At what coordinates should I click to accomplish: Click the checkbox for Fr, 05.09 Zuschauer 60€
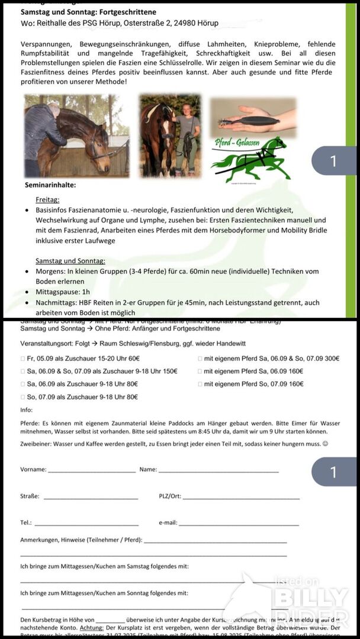22,359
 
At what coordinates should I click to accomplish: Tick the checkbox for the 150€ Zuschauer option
22,372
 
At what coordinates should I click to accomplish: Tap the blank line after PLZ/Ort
241,497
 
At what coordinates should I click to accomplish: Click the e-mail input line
239,524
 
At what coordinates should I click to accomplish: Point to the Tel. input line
86,524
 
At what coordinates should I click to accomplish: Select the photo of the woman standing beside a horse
170,136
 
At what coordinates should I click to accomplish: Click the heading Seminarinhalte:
50,185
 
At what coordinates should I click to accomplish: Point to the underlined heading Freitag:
47,200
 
